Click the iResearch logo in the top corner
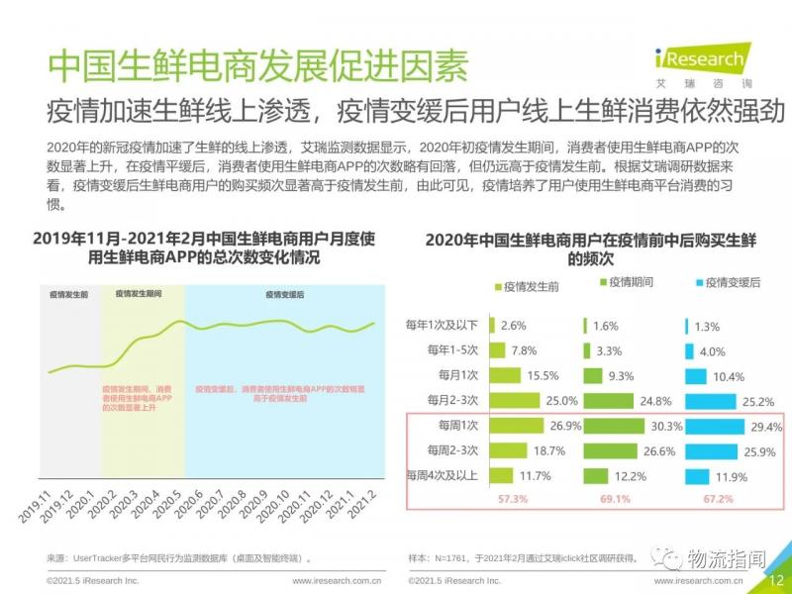pos(704,62)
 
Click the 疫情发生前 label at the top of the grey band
pos(69,295)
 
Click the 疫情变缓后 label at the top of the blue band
pos(284,295)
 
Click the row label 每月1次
pos(457,375)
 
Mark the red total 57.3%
pos(514,497)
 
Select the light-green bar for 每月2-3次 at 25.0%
pos(515,400)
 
